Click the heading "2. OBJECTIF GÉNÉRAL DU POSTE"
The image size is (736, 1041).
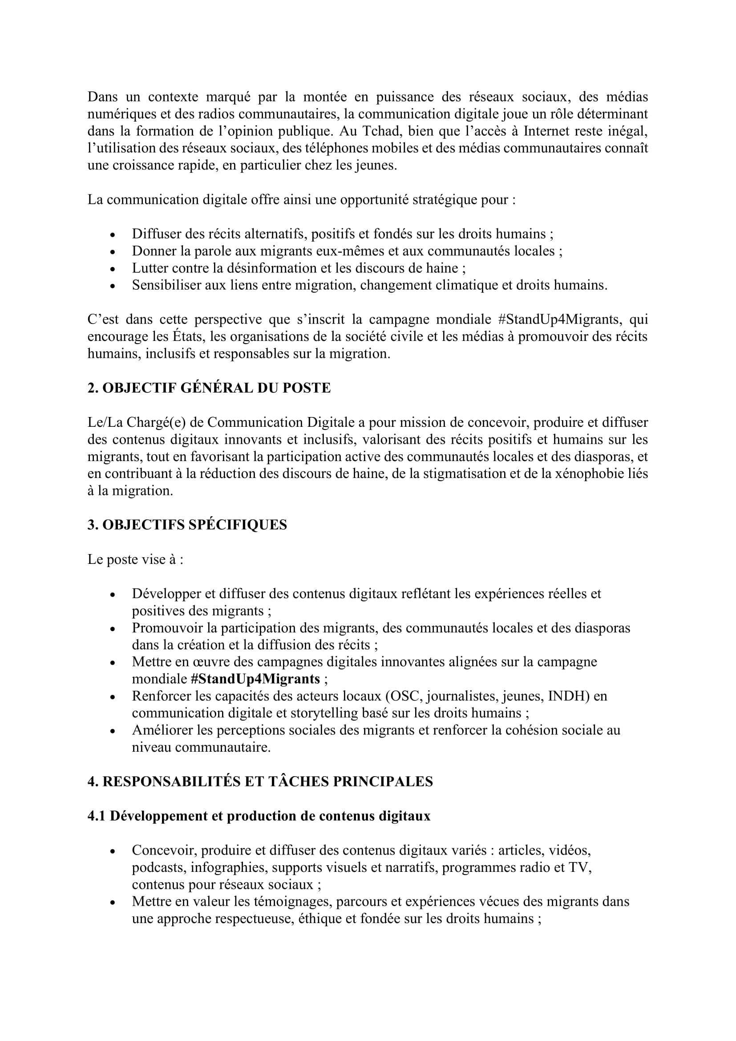click(209, 388)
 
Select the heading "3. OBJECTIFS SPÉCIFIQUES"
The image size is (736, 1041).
click(187, 525)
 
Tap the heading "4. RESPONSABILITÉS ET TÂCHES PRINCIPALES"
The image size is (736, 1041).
click(260, 782)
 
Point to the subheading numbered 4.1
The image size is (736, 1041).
click(259, 816)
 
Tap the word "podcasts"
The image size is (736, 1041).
click(158, 868)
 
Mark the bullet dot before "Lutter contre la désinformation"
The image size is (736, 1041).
click(113, 269)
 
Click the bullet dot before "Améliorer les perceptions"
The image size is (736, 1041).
click(113, 731)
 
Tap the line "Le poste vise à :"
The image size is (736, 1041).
click(136, 559)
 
